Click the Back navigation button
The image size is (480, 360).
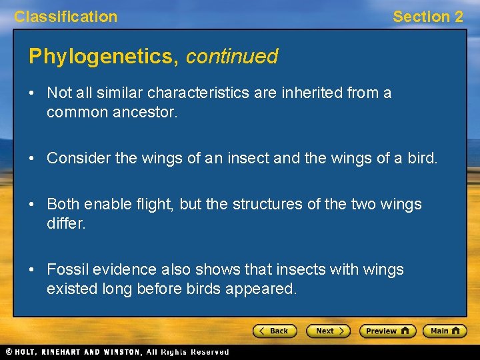coord(274,331)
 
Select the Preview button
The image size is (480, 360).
coord(387,331)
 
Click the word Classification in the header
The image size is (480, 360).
coord(65,17)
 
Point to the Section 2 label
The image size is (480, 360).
coord(427,17)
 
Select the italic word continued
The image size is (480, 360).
coord(231,57)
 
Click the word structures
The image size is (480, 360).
coord(263,203)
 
